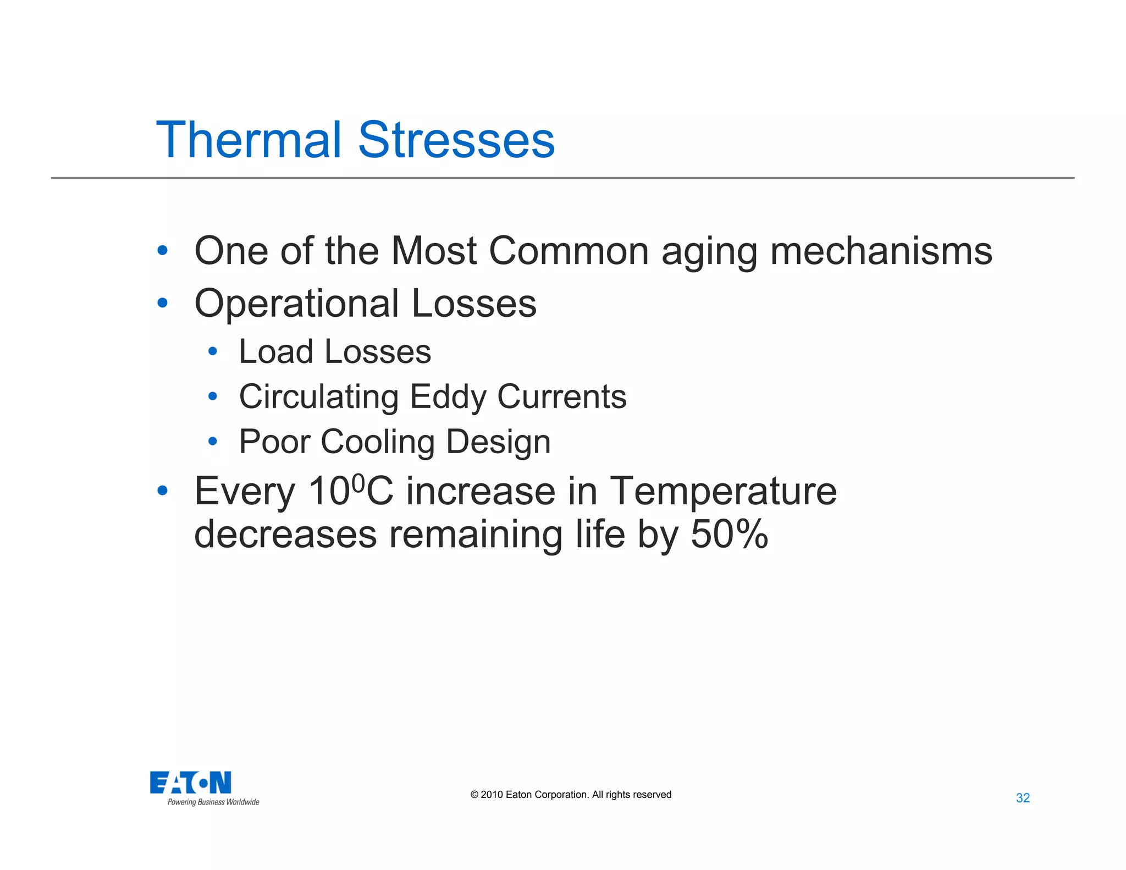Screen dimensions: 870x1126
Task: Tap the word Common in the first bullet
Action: [x=568, y=251]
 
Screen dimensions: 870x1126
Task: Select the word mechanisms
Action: [x=881, y=251]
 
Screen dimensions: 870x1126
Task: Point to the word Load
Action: [x=275, y=352]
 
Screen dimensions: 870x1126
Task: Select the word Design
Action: [x=498, y=443]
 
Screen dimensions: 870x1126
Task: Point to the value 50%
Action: [x=729, y=534]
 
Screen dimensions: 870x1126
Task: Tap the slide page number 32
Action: [x=1023, y=798]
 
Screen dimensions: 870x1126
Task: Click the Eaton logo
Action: [x=190, y=783]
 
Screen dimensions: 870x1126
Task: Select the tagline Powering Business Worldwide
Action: [x=213, y=802]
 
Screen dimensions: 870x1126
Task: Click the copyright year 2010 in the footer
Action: [x=492, y=795]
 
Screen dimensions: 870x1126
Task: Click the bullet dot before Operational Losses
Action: [x=162, y=302]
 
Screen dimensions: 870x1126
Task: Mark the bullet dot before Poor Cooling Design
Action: [x=213, y=441]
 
